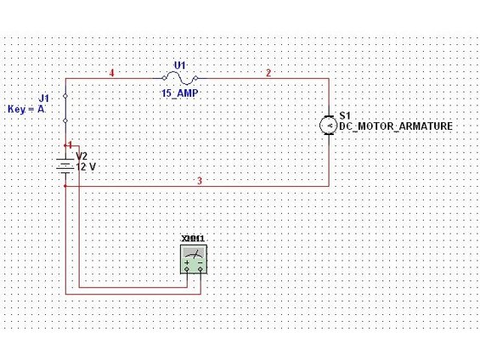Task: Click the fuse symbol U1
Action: pos(180,78)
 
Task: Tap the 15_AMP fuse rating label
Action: pos(180,93)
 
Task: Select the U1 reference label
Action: pos(180,65)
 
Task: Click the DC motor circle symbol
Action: pos(328,125)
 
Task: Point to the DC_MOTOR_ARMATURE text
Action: pos(396,126)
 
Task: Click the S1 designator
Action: pos(345,115)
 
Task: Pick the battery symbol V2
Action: pos(65,166)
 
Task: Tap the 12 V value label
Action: pos(86,167)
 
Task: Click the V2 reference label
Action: pos(82,156)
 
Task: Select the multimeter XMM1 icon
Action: pos(194,259)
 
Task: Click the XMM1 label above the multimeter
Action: pos(193,239)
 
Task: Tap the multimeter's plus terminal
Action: pos(187,269)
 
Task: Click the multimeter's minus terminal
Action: pos(200,269)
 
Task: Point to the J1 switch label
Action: pos(43,98)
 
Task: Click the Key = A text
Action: pos(26,110)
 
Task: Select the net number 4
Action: pos(112,73)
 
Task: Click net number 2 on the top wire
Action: pos(268,73)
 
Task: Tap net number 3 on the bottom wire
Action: pos(200,181)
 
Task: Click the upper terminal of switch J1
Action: pos(65,96)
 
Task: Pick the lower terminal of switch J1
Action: pos(65,121)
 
